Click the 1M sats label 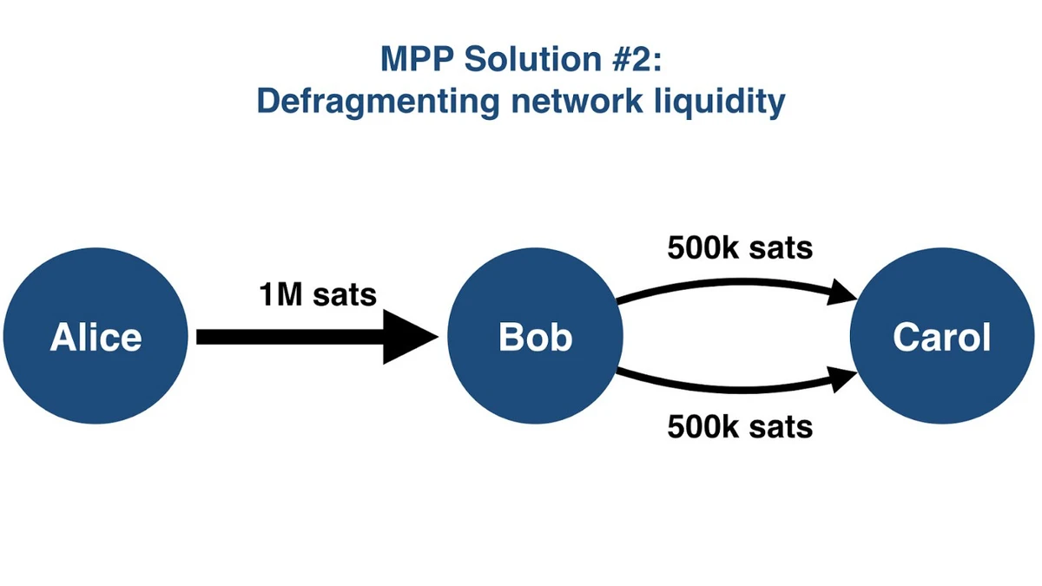pos(318,295)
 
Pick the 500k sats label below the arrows pos(740,426)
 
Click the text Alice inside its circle pos(96,337)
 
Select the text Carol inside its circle pos(941,337)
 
